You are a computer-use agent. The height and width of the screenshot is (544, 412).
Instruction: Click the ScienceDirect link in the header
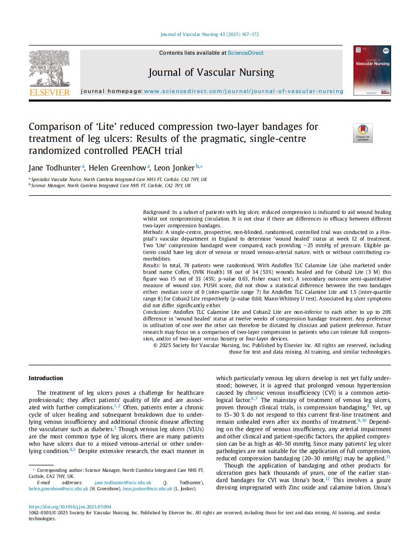[x=246, y=53]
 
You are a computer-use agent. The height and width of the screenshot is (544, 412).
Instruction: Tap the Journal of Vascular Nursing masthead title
[x=211, y=72]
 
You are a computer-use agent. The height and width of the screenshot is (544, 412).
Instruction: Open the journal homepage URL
[x=243, y=91]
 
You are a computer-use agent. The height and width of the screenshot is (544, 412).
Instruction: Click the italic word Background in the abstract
[x=156, y=212]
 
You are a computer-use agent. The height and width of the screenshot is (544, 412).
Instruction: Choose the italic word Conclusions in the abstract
[x=159, y=311]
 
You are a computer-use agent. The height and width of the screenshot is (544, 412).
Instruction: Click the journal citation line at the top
[x=208, y=34]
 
